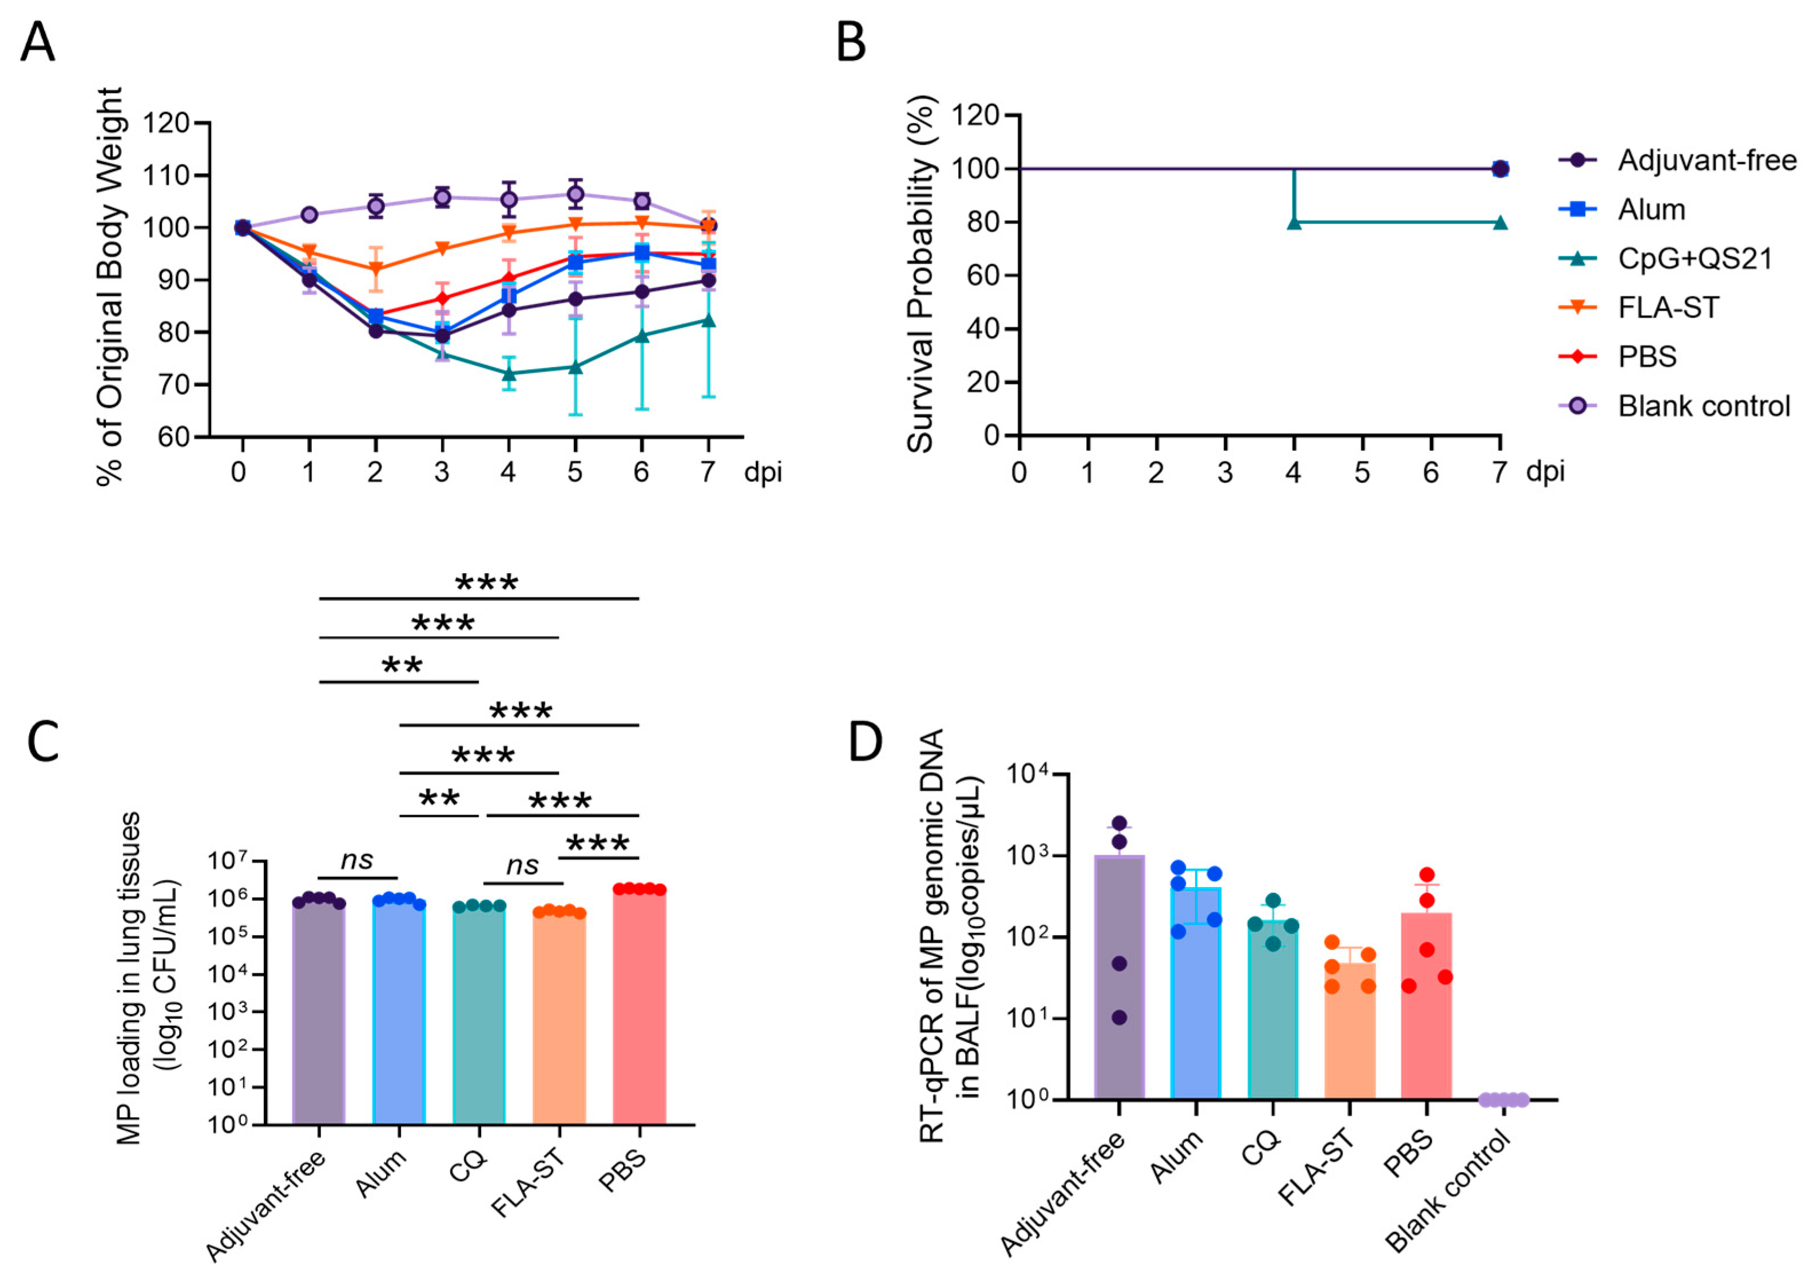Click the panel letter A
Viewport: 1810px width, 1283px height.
(37, 43)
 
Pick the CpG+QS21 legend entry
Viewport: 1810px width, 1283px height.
(1694, 259)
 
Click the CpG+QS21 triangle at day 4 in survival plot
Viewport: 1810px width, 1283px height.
(1294, 223)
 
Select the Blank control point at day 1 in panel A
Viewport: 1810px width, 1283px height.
(309, 215)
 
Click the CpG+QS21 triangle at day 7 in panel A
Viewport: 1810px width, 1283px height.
(709, 320)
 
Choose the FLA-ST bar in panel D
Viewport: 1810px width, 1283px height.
(1349, 1031)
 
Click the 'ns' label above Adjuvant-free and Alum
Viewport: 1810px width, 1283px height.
(357, 860)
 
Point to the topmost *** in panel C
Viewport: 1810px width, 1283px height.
(487, 583)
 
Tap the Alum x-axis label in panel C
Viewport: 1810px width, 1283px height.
(381, 1174)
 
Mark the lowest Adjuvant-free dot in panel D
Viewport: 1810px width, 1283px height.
(1119, 1018)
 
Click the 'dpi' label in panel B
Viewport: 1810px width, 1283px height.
(1545, 472)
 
